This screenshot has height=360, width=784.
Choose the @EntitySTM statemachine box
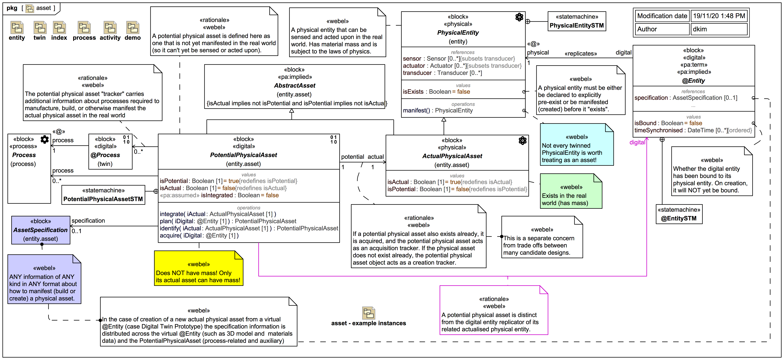coord(679,214)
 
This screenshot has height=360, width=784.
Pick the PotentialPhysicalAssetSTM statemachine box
coord(103,195)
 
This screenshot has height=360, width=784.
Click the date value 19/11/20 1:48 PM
coord(719,16)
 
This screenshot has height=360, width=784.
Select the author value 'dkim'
coord(700,29)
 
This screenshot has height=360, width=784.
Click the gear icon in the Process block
coord(45,139)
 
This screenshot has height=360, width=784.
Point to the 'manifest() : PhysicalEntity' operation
coord(438,110)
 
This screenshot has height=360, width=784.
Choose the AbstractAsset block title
coord(295,85)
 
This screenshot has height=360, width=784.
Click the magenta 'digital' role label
coord(637,142)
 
